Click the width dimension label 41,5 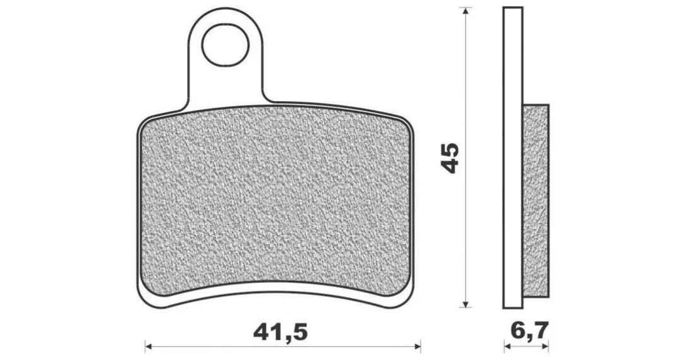[x=280, y=332]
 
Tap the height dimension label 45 [x=450, y=157]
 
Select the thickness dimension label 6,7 [x=529, y=331]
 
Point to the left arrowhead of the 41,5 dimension [x=148, y=347]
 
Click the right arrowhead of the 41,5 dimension [x=417, y=347]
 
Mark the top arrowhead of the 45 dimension [x=466, y=11]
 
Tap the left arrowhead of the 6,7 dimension [x=507, y=347]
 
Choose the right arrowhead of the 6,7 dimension [x=545, y=347]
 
